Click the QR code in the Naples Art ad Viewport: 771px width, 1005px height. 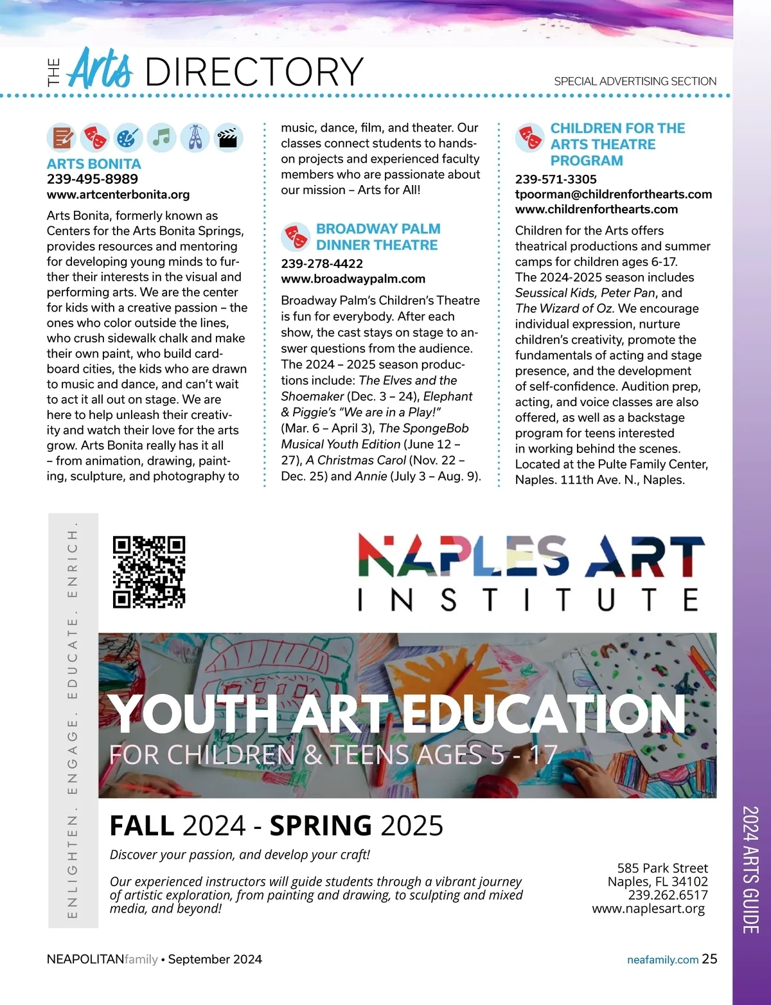(x=149, y=572)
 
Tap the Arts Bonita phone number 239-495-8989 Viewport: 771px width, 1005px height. (x=93, y=179)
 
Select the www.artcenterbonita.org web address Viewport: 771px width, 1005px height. (x=118, y=195)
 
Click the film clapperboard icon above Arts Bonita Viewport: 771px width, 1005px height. (x=228, y=138)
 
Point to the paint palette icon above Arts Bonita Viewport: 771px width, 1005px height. (x=128, y=138)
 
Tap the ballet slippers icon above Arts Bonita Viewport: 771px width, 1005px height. (x=195, y=138)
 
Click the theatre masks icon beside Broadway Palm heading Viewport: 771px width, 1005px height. (x=296, y=237)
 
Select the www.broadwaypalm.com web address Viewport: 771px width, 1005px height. (x=353, y=279)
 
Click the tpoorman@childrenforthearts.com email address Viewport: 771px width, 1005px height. (x=614, y=194)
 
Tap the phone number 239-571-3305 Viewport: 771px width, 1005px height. (x=556, y=179)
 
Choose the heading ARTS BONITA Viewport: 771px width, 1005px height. (x=94, y=164)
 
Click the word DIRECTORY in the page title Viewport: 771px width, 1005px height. (x=254, y=72)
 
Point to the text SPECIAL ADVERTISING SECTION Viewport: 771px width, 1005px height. (x=635, y=82)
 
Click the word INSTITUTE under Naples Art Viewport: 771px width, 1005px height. (x=528, y=600)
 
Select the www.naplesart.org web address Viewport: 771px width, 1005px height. (x=648, y=909)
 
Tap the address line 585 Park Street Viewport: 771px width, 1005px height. (x=662, y=868)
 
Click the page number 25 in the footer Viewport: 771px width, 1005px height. (x=709, y=959)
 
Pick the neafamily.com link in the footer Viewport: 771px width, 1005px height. (x=662, y=959)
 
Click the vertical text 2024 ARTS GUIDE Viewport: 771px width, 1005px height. (x=750, y=869)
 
